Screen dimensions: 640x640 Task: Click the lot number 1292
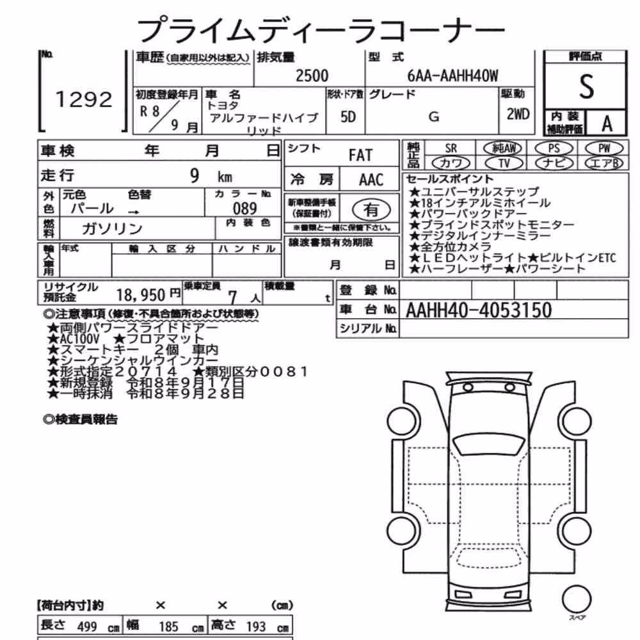[84, 100]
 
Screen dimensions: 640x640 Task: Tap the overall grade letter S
[586, 86]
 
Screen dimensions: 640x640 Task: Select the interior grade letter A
[607, 124]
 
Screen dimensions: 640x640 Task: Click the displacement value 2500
[312, 76]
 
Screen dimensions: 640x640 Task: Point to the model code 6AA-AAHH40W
[452, 76]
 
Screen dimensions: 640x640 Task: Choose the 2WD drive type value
[518, 114]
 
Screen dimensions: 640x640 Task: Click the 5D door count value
[348, 117]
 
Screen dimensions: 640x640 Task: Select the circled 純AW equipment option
[502, 148]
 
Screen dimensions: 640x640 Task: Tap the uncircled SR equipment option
[451, 148]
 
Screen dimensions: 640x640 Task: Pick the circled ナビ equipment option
[554, 163]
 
